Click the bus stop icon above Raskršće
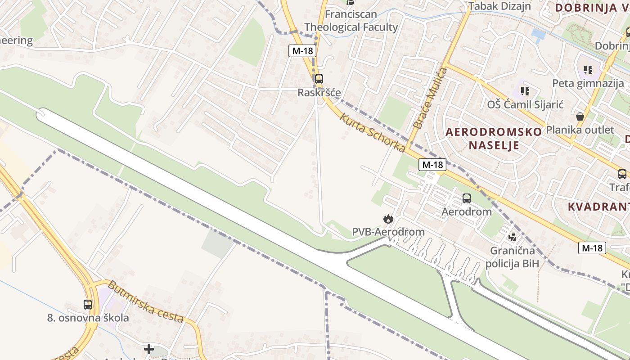click(319, 79)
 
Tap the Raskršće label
click(319, 93)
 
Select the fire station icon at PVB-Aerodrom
click(387, 219)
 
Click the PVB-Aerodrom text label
click(388, 232)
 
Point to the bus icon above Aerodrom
click(467, 198)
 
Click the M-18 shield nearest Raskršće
click(302, 51)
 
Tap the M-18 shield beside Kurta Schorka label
click(432, 165)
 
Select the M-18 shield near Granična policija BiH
click(592, 248)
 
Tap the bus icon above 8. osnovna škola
click(88, 305)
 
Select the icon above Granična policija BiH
click(512, 237)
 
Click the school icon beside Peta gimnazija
click(588, 70)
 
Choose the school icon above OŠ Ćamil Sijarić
click(525, 91)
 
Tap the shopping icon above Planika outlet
click(580, 117)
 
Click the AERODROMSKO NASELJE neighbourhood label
click(494, 138)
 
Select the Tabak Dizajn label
click(499, 6)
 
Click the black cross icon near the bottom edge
click(149, 349)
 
